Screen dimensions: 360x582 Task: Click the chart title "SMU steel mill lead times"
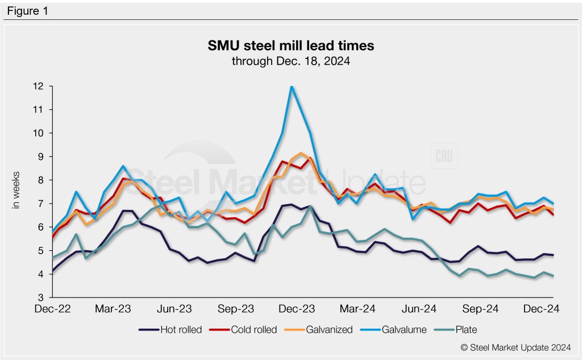pos(290,44)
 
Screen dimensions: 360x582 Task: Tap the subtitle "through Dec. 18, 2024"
pos(290,60)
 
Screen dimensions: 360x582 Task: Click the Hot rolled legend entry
pos(170,329)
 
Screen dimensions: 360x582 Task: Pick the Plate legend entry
pos(459,329)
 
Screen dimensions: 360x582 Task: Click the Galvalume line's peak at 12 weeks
pos(292,86)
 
